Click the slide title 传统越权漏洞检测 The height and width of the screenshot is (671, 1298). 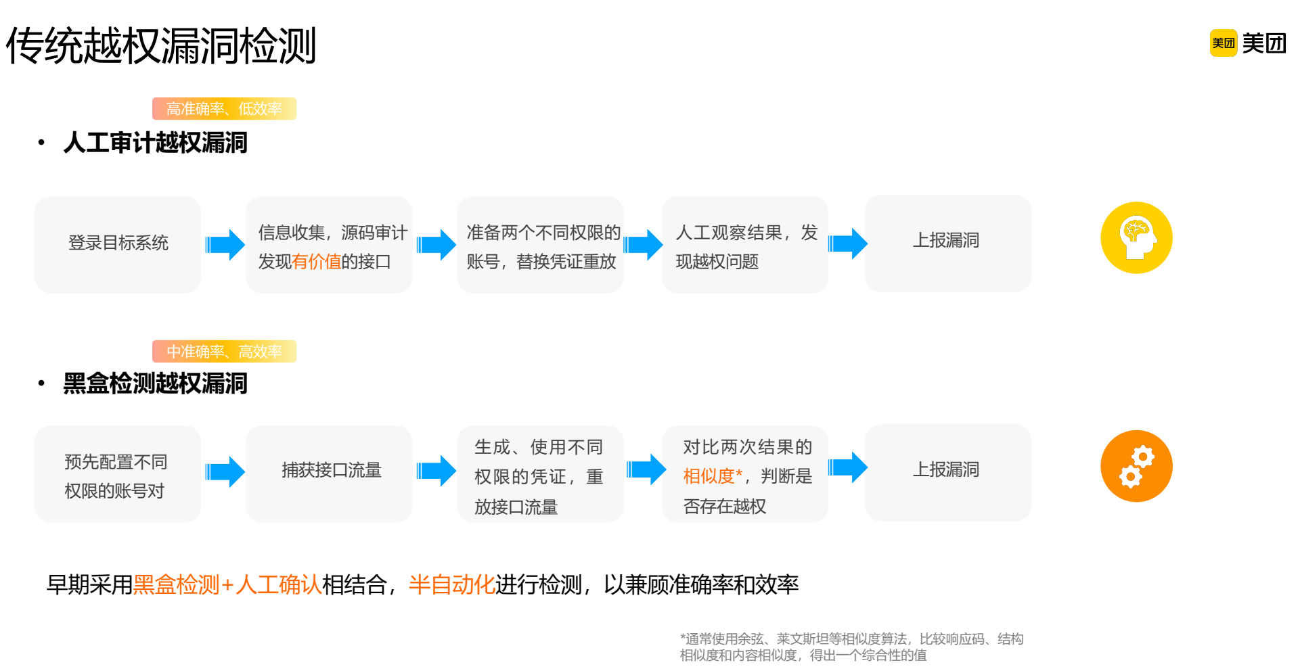coord(161,46)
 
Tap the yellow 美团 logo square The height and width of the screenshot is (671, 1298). coord(1223,43)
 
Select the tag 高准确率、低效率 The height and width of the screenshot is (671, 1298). coord(224,109)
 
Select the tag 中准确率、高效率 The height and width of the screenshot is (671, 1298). coord(224,352)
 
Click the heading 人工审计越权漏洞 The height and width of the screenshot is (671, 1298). coord(155,143)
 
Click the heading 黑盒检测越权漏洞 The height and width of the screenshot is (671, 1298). coord(155,384)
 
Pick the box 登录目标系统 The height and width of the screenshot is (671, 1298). coord(118,244)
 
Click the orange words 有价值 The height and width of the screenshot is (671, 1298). coord(317,262)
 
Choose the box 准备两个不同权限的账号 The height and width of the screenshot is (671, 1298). coord(540,245)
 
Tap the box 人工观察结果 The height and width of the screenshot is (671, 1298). coord(744,245)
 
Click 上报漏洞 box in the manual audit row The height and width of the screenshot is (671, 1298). coord(947,242)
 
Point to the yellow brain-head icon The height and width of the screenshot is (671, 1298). coord(1136,238)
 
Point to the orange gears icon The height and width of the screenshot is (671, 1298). coord(1136,466)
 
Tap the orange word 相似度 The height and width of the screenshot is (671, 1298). coord(709,476)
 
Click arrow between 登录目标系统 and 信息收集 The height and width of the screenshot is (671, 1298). coord(225,244)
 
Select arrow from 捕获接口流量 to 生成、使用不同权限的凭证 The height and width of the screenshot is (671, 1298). coord(436,471)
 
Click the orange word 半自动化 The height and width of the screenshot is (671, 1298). coord(451,585)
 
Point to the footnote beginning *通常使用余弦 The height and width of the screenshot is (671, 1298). coord(851,647)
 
